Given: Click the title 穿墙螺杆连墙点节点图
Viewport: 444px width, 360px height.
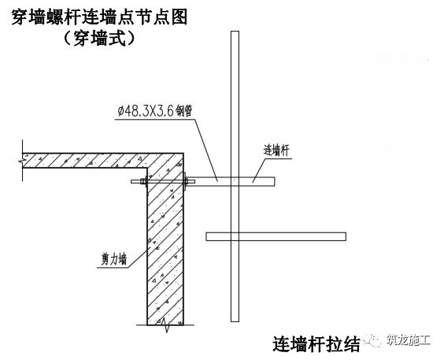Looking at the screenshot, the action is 99,17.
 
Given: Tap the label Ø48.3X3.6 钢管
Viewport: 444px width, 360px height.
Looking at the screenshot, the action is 155,110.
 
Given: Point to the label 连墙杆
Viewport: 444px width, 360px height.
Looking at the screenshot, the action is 276,150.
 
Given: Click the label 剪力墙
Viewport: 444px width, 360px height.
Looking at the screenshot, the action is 114,259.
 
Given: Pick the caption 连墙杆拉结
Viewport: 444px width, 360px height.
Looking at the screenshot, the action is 316,344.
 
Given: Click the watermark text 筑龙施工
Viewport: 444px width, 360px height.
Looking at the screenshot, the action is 409,340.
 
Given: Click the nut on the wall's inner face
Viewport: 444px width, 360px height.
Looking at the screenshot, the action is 144,181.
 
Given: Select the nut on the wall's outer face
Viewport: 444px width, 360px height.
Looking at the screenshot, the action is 186,181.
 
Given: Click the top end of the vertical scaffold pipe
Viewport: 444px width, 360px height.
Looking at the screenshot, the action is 235,32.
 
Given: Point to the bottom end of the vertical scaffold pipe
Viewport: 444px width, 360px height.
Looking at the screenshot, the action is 235,321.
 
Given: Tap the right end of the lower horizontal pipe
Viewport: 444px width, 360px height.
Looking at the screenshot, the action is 346,236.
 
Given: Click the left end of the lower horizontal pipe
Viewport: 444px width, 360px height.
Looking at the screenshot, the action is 206,236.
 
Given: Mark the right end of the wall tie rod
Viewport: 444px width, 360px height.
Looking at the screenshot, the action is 275,181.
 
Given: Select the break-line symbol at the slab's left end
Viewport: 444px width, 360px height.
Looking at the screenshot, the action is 22,161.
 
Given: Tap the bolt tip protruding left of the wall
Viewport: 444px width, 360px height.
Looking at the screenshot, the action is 132,181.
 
